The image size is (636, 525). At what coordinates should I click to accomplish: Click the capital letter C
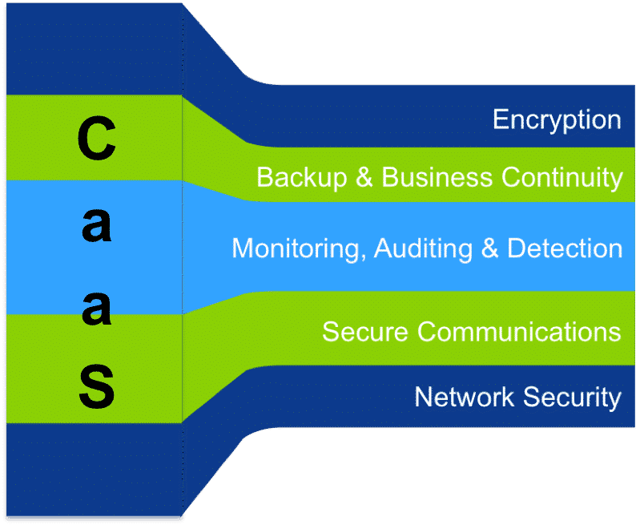coord(96,138)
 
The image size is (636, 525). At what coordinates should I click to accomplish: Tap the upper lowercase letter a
coord(96,227)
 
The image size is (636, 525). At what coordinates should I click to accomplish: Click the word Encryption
coord(557,120)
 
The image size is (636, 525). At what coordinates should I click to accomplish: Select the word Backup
coord(301,177)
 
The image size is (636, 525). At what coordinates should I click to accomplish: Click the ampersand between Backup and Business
coord(364,177)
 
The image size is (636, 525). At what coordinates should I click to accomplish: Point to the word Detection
coord(566,248)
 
